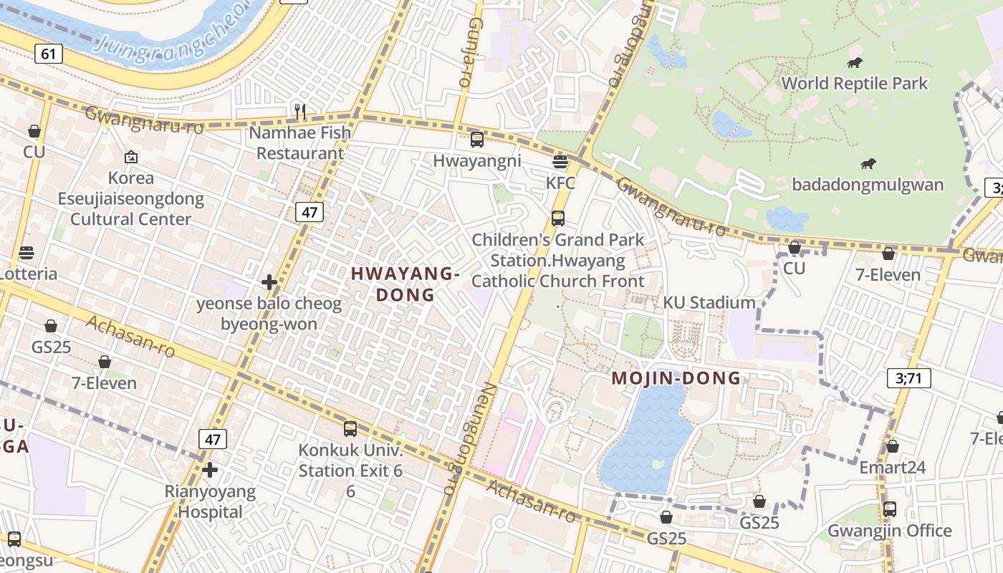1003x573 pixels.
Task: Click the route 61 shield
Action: [48, 54]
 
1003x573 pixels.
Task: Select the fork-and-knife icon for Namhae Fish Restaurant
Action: [300, 111]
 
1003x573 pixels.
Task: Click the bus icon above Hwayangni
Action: [476, 140]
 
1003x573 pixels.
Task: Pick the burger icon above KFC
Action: [560, 162]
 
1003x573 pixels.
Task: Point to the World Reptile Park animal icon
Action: [854, 63]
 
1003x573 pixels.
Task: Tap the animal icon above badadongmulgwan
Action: [868, 164]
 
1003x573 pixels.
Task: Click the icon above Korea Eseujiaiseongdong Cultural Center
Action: [130, 157]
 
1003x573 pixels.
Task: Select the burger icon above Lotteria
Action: [27, 253]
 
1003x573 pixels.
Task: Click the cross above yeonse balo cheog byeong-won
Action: [269, 282]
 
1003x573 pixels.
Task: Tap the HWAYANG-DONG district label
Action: [405, 284]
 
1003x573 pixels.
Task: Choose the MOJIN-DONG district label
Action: [676, 379]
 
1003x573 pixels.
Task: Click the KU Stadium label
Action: [709, 302]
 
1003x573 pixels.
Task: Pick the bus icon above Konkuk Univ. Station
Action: [350, 429]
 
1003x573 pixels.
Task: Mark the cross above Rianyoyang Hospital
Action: [210, 470]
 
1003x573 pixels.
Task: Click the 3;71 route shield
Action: [908, 377]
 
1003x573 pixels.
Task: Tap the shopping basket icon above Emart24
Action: [892, 446]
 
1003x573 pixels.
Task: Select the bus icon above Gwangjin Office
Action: [889, 509]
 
